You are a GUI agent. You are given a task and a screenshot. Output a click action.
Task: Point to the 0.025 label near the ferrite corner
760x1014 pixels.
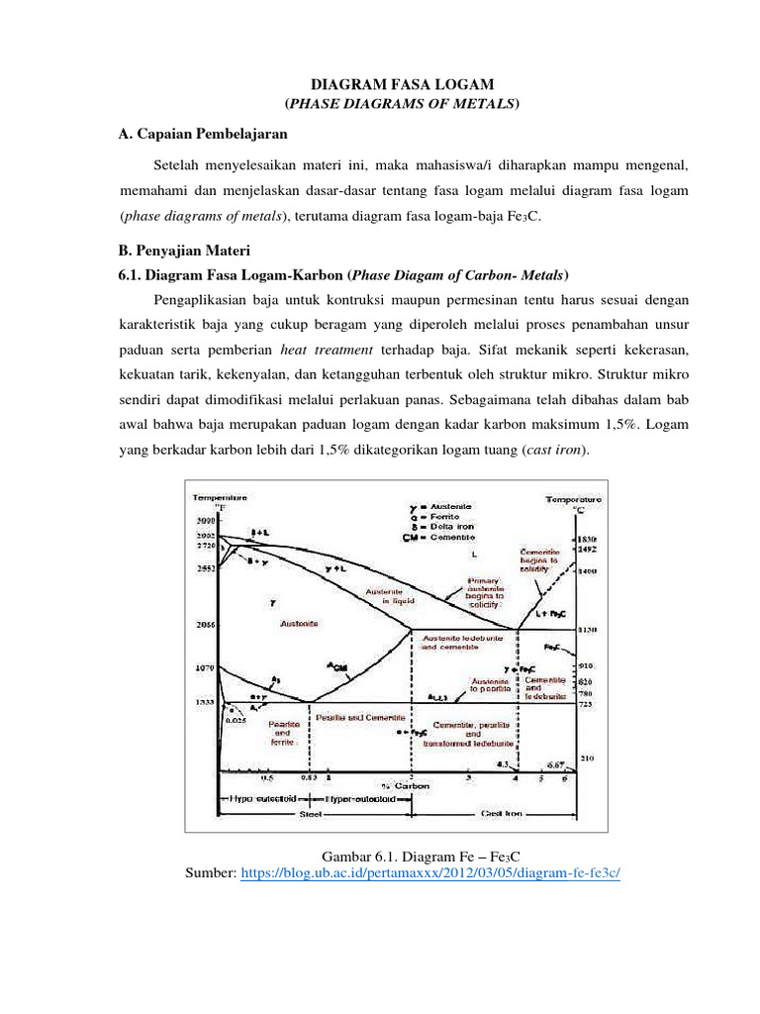click(235, 719)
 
